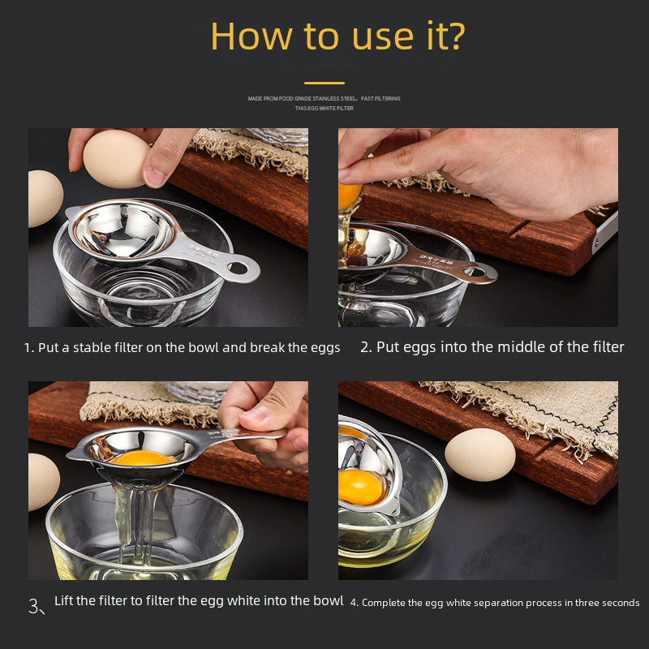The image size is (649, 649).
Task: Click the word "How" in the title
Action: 246,37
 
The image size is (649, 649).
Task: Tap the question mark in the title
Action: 454,37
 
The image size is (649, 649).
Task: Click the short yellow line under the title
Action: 324,83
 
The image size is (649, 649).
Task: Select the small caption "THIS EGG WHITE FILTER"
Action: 324,108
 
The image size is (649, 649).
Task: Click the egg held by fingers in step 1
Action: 116,158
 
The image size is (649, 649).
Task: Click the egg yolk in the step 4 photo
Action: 361,485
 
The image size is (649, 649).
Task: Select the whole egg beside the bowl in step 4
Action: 480,454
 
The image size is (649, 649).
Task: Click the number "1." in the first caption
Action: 29,348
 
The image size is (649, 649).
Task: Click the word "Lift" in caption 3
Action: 65,601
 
